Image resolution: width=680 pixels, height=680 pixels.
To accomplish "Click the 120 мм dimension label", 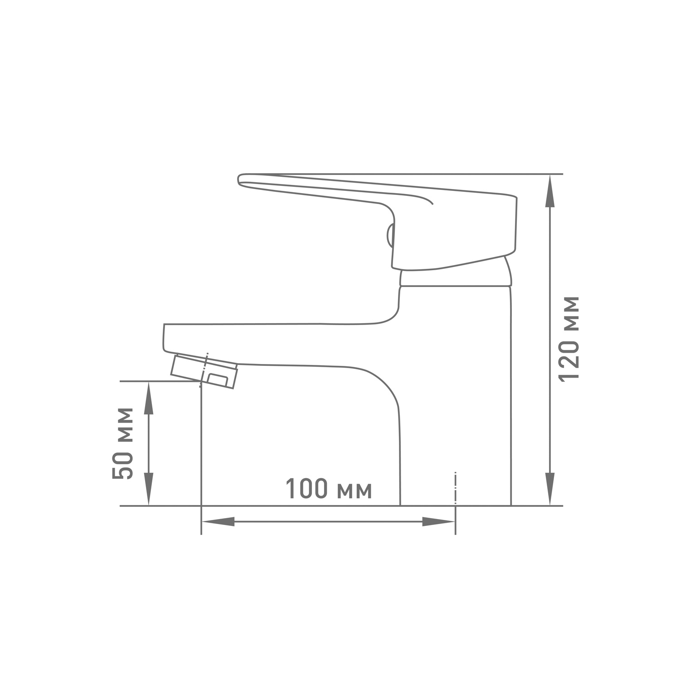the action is point(569,339).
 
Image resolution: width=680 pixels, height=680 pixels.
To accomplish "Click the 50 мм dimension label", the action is point(123,443).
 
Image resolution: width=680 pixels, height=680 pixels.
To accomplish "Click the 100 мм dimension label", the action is point(329,490).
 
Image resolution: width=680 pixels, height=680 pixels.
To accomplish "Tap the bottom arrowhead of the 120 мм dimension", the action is point(549,489).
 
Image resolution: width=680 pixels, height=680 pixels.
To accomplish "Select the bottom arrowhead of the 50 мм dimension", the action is point(148,489).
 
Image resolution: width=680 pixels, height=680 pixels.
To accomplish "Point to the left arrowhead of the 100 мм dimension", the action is point(218,522).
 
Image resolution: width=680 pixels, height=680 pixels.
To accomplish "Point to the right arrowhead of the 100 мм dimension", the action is point(438,522).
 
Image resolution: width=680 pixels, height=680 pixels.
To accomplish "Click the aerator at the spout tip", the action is point(204,371).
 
